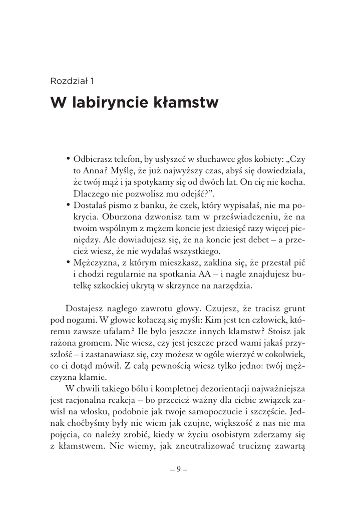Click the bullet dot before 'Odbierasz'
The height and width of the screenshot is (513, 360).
[68, 159]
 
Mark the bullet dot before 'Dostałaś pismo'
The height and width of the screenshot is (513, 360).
[68, 205]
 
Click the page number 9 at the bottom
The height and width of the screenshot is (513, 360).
[178, 470]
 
